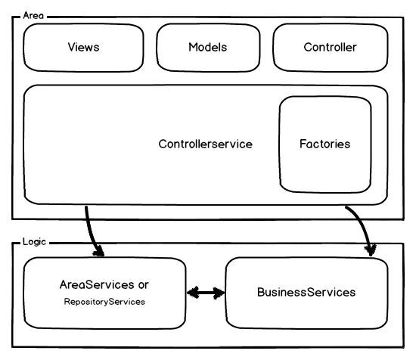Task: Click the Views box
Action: [x=83, y=48]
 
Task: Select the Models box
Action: [x=208, y=48]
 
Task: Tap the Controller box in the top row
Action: [x=331, y=48]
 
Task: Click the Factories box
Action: [x=325, y=144]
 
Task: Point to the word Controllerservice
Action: [x=205, y=144]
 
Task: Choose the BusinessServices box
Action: [x=306, y=293]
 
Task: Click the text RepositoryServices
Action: [x=104, y=302]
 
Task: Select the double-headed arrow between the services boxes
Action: [x=206, y=293]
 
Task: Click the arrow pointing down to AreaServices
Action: [x=90, y=234]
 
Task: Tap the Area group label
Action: [x=33, y=15]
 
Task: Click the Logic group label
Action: [x=34, y=242]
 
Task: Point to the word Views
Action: [x=83, y=47]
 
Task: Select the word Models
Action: [x=208, y=47]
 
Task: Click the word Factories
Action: [x=325, y=144]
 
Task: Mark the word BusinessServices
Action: [x=306, y=292]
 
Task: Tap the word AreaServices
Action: [x=97, y=284]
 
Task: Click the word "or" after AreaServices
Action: [x=143, y=285]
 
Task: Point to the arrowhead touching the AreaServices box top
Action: [x=98, y=252]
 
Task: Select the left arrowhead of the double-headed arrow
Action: [x=193, y=293]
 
